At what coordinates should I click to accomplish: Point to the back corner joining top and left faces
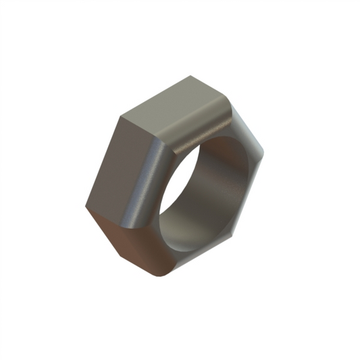pos(122,116)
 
